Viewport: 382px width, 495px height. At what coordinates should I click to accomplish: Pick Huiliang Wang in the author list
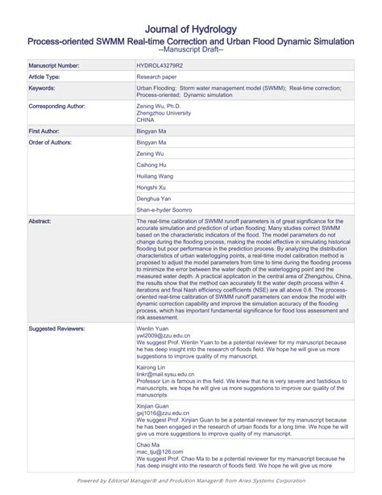click(156, 175)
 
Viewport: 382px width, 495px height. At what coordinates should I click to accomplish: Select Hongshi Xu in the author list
click(152, 187)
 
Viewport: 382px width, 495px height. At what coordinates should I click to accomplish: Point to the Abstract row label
click(40, 220)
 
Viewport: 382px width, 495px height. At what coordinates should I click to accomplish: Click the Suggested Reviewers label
click(56, 329)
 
